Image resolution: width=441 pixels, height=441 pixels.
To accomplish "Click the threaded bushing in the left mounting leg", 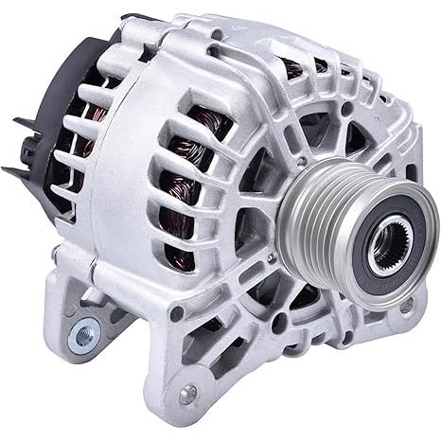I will [83, 333].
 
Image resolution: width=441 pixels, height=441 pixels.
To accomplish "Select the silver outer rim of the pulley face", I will [364, 213].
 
